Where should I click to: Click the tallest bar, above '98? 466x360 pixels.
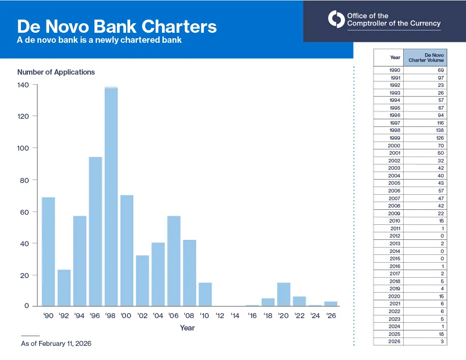(111, 196)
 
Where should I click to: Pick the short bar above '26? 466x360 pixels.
(331, 304)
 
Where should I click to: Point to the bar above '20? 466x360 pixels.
(284, 294)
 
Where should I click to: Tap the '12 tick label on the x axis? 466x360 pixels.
(220, 315)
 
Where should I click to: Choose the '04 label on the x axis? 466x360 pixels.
(157, 315)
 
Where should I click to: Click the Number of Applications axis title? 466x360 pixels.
(56, 72)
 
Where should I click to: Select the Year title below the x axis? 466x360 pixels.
(187, 328)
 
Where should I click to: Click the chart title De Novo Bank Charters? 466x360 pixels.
(116, 26)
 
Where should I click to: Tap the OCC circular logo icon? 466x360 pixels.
(336, 19)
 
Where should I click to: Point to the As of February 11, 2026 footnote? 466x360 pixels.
(56, 343)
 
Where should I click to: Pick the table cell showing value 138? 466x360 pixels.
(440, 130)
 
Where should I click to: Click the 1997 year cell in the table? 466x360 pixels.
(395, 123)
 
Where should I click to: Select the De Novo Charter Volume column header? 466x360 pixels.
(425, 58)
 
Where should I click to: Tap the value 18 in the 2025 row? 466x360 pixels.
(440, 334)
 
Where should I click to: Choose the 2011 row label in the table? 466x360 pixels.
(395, 228)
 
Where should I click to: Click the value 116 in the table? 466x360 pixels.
(440, 123)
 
